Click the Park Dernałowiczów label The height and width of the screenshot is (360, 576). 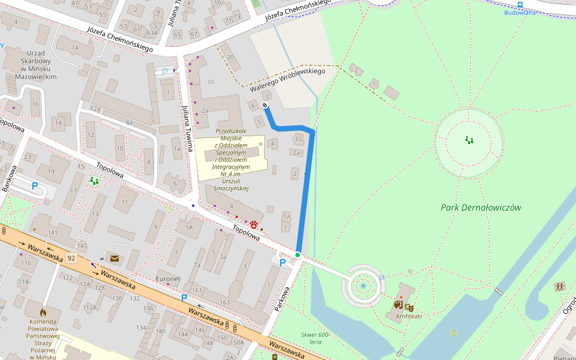[481, 208]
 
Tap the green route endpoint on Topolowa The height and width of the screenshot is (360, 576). [297, 255]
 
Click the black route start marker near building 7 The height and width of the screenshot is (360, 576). [265, 106]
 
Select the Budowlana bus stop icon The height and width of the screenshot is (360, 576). [520, 4]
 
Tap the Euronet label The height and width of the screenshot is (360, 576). [168, 279]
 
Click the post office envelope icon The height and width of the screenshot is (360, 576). [114, 259]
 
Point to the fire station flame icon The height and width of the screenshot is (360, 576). [43, 313]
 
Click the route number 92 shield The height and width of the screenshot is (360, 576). [71, 258]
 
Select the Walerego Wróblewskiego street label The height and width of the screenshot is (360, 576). [287, 79]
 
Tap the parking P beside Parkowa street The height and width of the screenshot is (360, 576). [282, 262]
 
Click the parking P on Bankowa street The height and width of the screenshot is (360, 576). [35, 187]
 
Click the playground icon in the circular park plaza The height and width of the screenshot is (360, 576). [469, 140]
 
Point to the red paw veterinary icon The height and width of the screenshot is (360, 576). [254, 225]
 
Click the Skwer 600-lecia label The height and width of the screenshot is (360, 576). [316, 338]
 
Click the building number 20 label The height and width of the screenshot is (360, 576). [230, 57]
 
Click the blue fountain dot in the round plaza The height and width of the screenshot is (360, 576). [363, 286]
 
